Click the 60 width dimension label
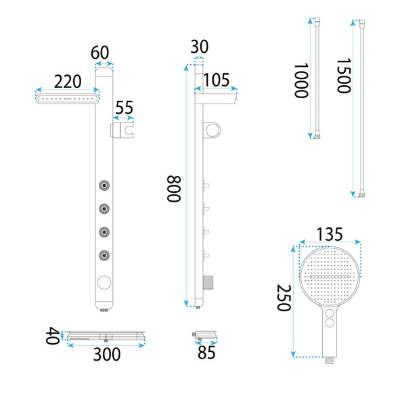click(99, 53)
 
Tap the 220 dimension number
click(68, 82)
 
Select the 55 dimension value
click(125, 108)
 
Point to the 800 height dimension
click(173, 189)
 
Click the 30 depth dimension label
click(200, 47)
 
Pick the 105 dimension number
click(217, 80)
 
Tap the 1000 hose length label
click(301, 81)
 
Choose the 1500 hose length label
click(344, 76)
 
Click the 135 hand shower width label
click(330, 234)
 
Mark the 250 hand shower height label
click(284, 298)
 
